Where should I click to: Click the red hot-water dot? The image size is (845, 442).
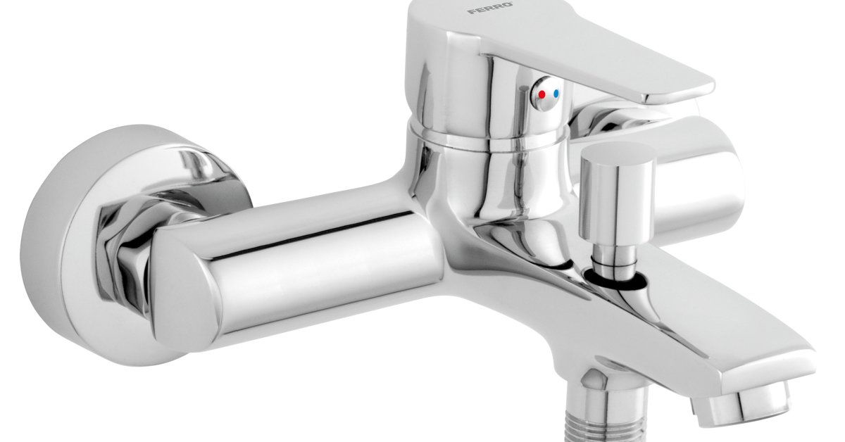point(542,94)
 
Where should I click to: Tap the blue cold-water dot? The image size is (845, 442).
point(556,93)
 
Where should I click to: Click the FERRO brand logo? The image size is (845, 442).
point(490,8)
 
